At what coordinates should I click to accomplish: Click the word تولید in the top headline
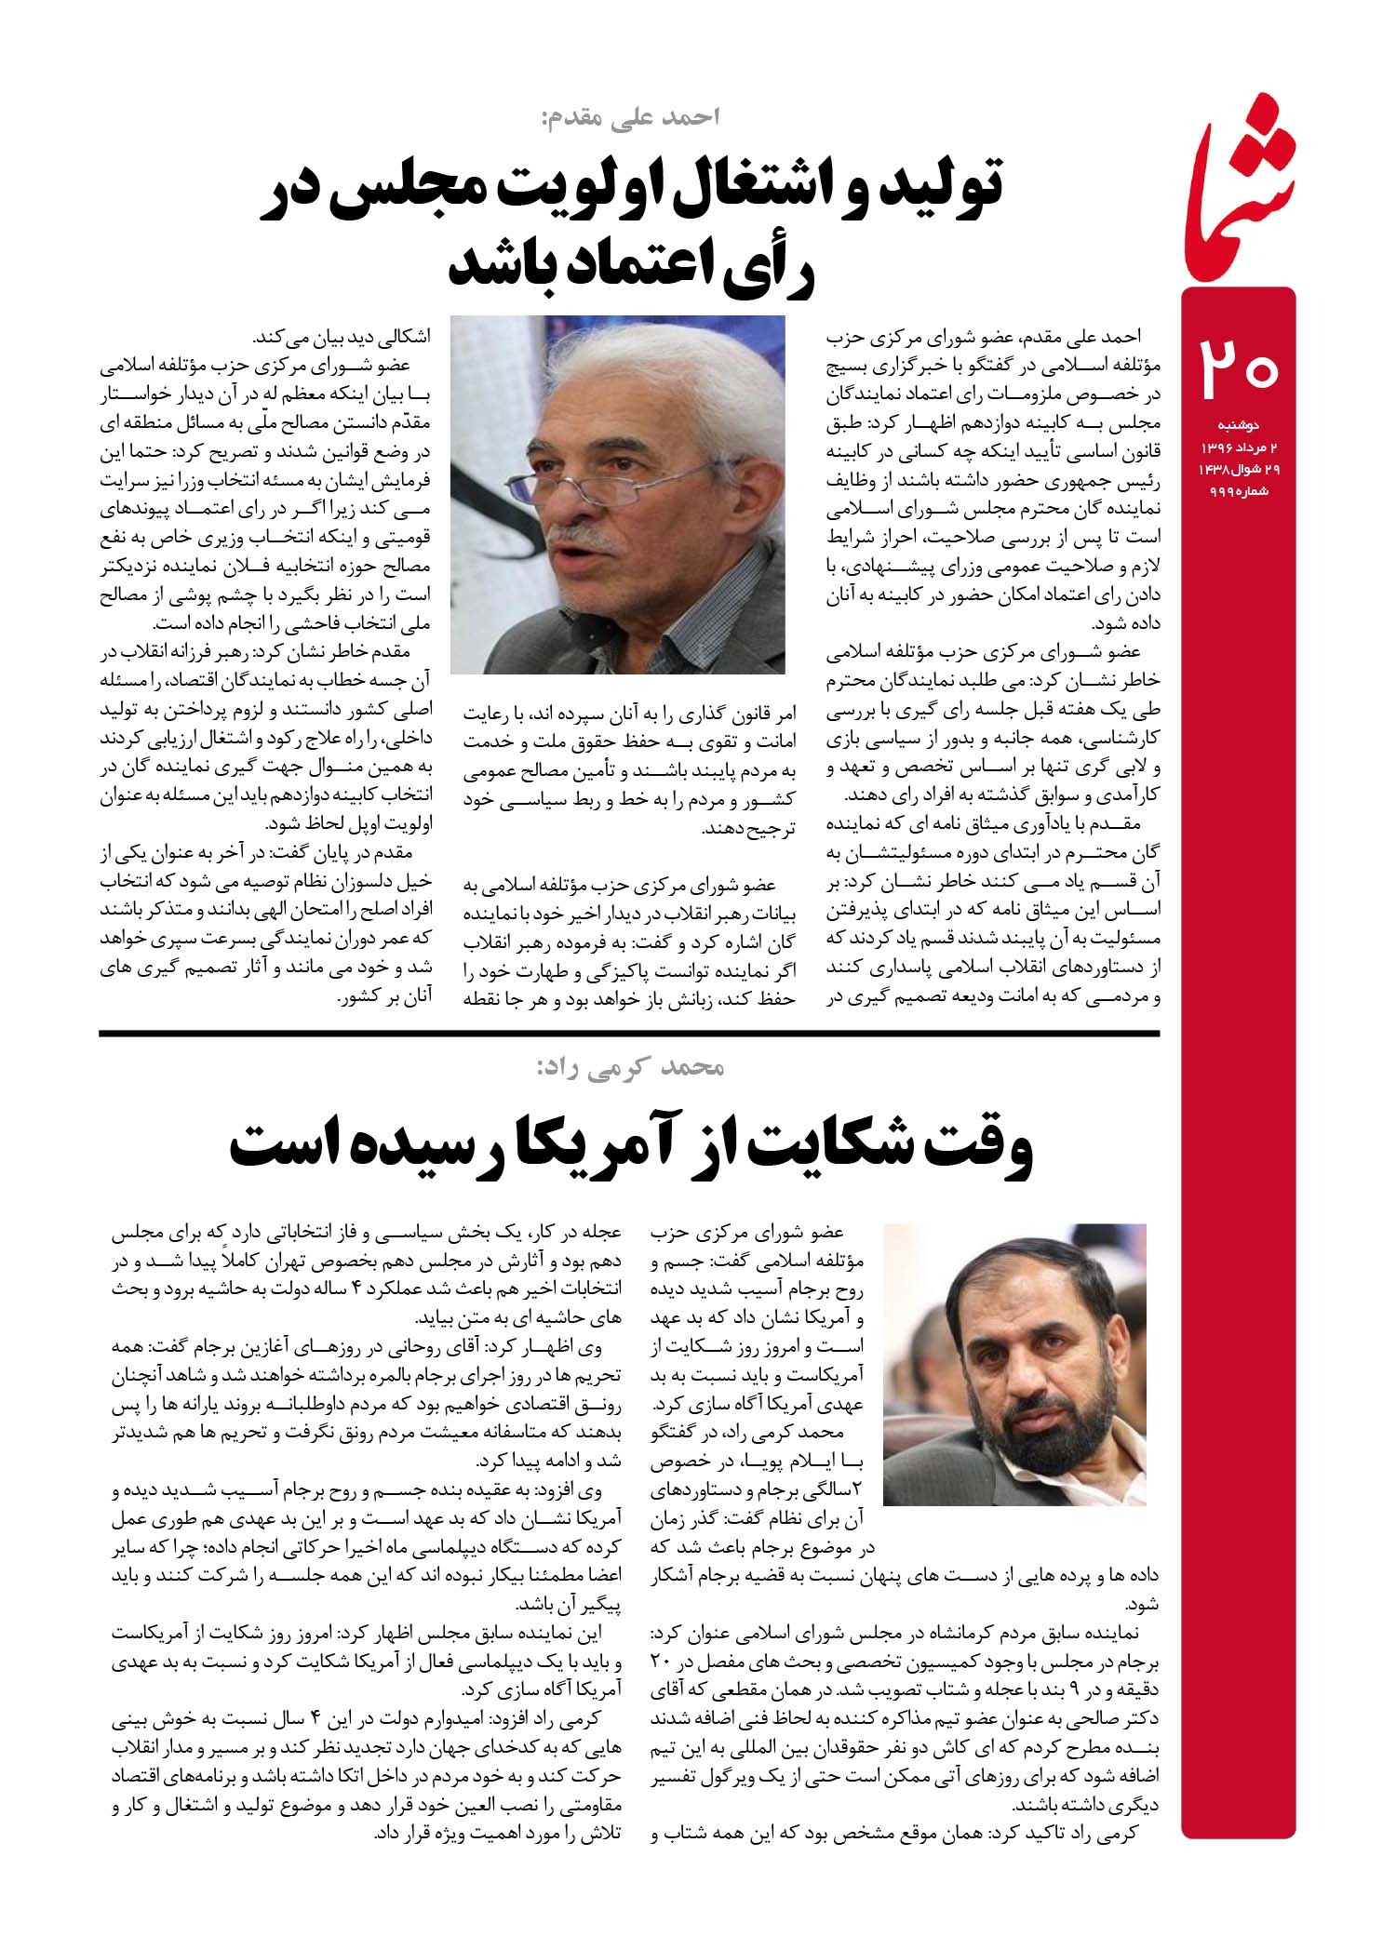[942, 186]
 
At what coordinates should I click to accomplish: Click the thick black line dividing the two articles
[628, 1034]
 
